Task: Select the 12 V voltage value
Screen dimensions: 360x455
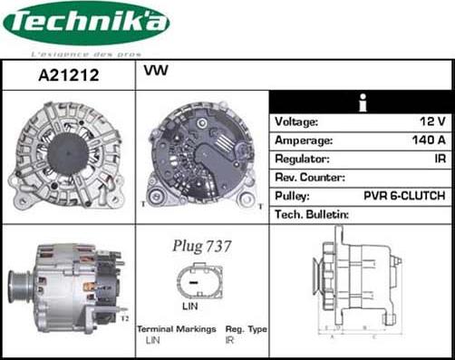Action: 429,122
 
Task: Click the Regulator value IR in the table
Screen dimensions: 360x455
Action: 439,159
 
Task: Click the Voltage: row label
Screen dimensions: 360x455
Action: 296,122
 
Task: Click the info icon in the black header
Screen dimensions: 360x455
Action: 362,101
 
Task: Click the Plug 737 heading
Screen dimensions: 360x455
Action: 202,246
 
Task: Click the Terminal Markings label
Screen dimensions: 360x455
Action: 177,329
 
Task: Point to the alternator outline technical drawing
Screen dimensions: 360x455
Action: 358,285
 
